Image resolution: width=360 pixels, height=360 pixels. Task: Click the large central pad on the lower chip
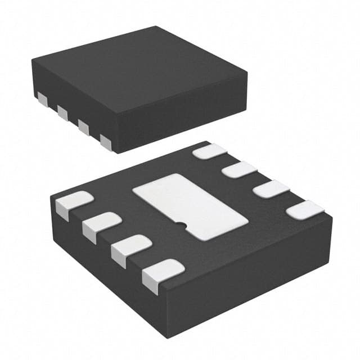click(x=189, y=205)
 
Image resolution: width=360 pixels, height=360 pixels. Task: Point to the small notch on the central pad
click(x=181, y=226)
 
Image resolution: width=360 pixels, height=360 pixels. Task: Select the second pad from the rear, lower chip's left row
click(x=101, y=223)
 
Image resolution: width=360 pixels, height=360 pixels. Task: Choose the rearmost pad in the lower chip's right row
click(x=209, y=151)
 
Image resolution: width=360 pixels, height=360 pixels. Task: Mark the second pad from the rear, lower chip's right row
click(x=239, y=169)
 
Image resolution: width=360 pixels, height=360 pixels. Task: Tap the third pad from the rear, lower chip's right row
click(x=271, y=188)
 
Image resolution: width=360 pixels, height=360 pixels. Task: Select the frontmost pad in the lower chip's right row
click(x=305, y=210)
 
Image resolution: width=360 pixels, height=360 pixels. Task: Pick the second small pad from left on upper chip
click(x=62, y=113)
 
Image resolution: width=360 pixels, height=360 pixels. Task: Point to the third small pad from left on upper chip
click(x=83, y=127)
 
